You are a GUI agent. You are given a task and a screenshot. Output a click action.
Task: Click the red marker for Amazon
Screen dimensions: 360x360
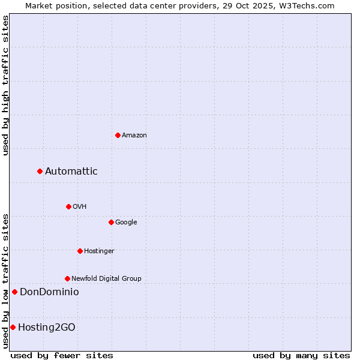(x=118, y=135)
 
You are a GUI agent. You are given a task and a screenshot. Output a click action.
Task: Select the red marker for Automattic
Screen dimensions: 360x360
(x=40, y=171)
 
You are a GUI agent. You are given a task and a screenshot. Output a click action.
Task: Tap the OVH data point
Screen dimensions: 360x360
(x=68, y=206)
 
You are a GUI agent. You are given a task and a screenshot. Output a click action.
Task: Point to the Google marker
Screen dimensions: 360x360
(x=111, y=222)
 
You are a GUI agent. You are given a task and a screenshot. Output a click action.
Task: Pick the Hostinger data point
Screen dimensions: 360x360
(x=80, y=251)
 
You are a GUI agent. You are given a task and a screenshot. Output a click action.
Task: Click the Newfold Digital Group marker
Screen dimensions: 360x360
(x=67, y=278)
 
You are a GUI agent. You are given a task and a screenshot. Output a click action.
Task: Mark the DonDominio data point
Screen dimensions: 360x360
(x=14, y=292)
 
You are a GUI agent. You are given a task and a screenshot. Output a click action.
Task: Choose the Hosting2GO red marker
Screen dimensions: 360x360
(x=13, y=327)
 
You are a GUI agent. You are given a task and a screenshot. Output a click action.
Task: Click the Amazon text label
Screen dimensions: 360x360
(x=134, y=136)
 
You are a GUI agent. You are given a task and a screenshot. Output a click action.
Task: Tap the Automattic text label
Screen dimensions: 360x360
(x=71, y=172)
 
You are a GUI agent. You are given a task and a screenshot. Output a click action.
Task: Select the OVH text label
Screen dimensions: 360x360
(x=80, y=207)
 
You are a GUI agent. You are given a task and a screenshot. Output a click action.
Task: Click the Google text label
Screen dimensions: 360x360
(x=126, y=223)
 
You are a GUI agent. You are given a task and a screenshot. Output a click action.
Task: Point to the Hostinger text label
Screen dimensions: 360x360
(x=99, y=251)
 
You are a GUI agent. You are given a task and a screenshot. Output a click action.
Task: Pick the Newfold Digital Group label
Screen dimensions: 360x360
(x=106, y=279)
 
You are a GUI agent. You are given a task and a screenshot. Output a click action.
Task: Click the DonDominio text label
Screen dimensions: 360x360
(x=49, y=292)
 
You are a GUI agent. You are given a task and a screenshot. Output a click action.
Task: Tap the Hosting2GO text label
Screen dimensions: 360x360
(x=47, y=328)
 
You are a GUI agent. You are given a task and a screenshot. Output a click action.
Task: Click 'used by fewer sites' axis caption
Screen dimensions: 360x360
(x=62, y=355)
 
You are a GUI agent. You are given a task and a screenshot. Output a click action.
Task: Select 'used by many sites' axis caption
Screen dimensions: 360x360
(x=301, y=355)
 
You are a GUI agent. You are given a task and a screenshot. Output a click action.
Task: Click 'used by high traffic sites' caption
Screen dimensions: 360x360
(x=5, y=85)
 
